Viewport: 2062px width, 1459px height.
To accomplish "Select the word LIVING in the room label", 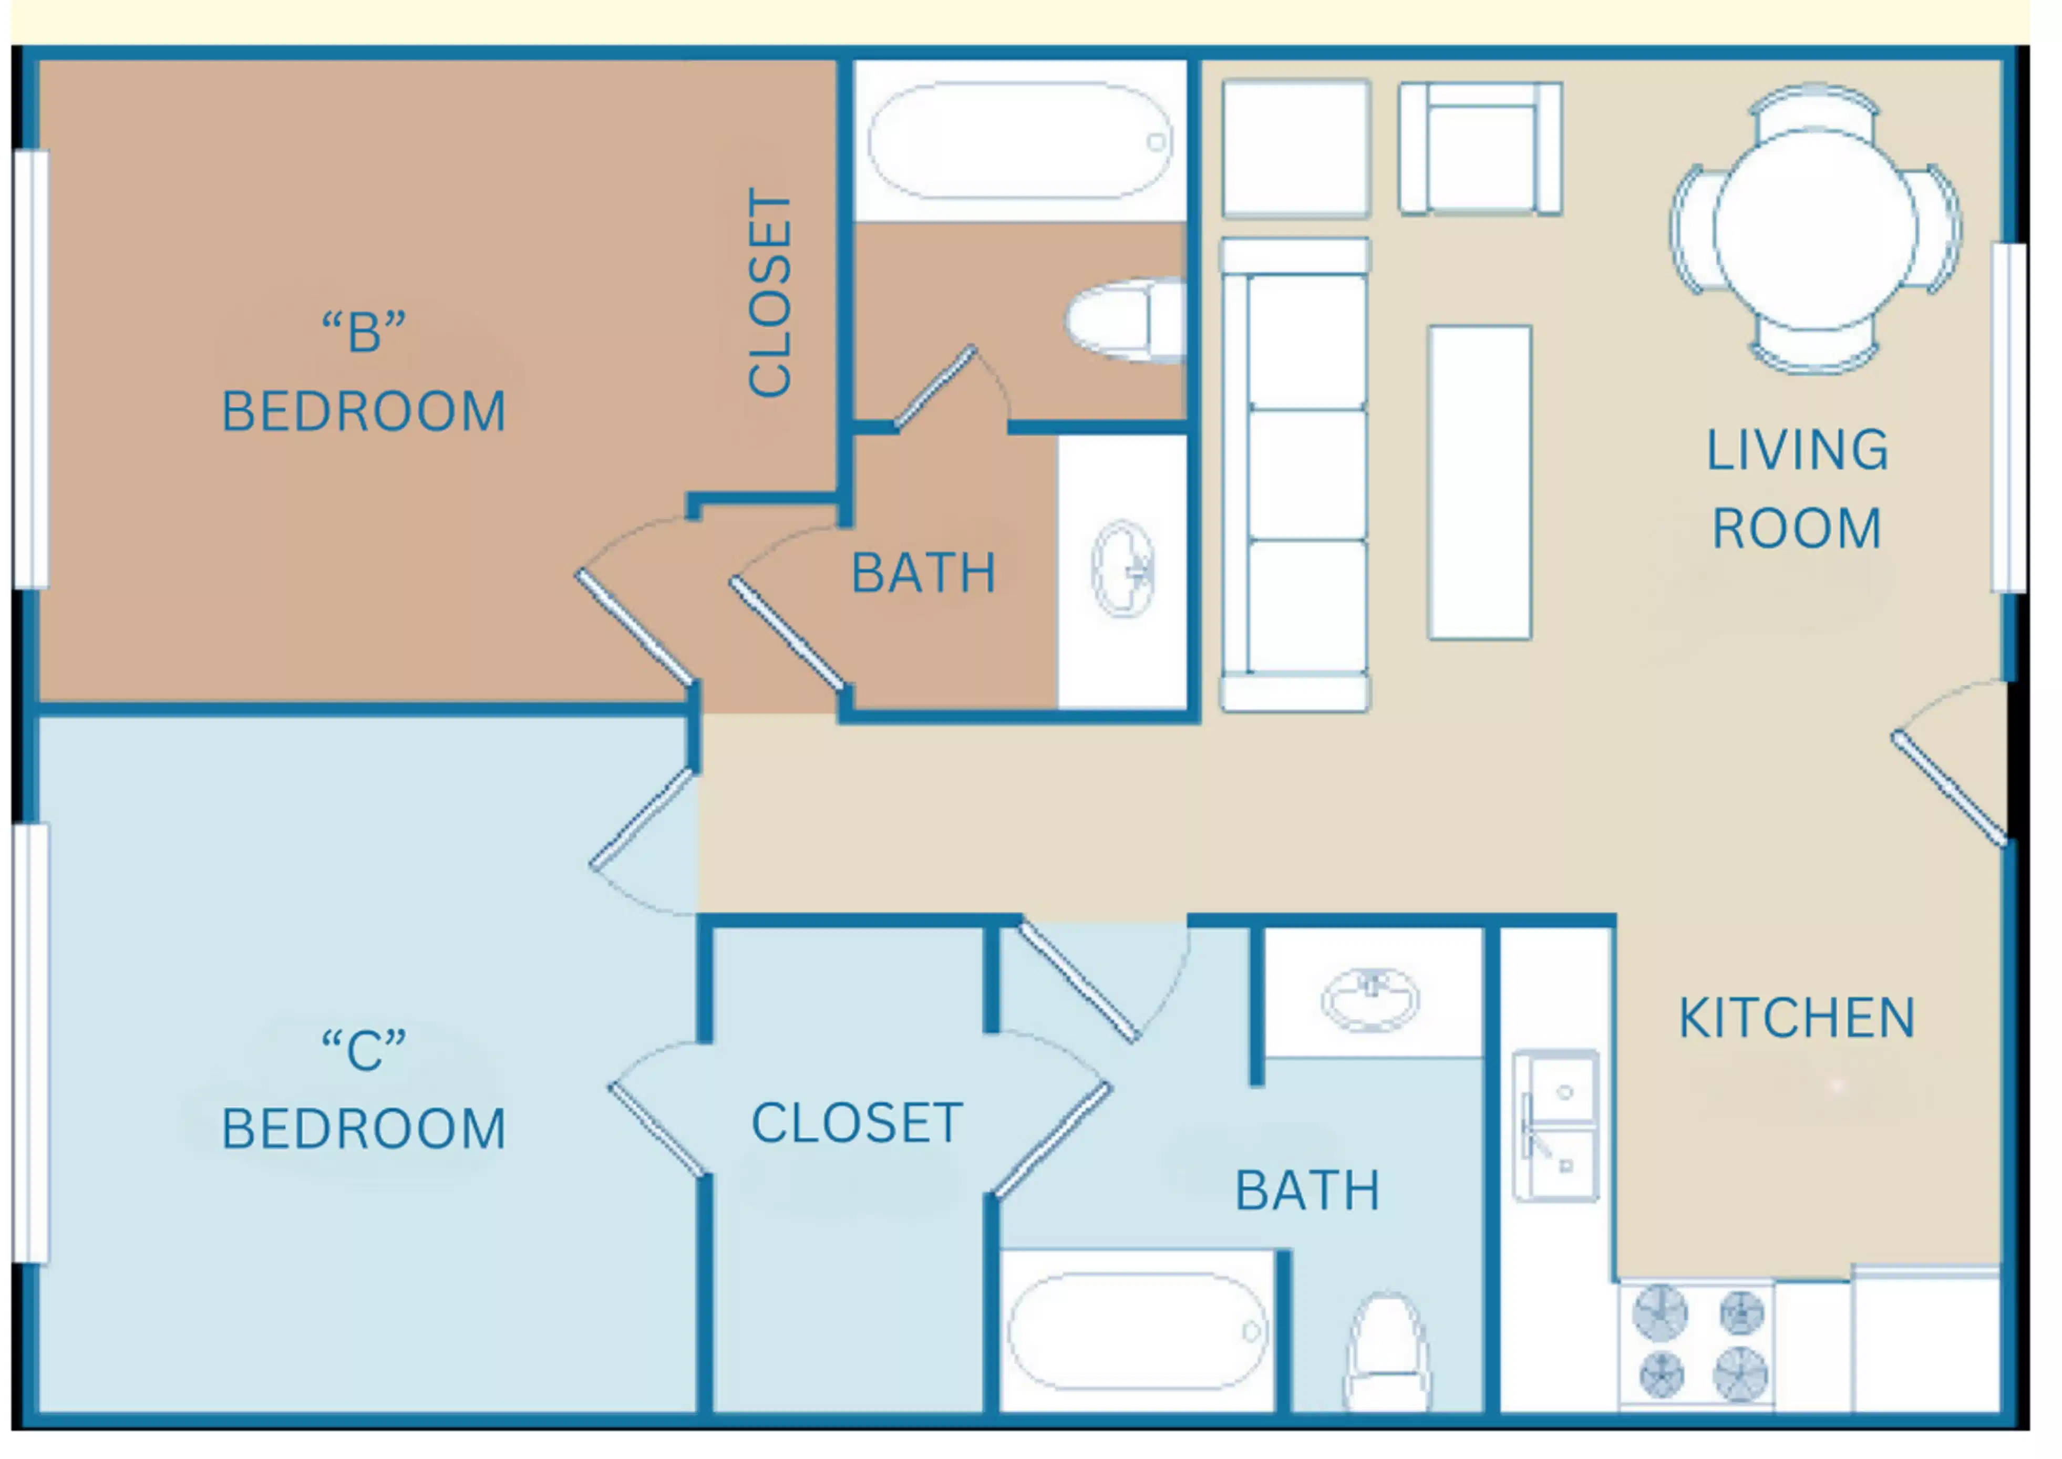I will click(x=1797, y=450).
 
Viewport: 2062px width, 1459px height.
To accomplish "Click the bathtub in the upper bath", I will click(x=1020, y=141).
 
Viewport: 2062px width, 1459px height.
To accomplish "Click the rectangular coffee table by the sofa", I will click(x=1479, y=482).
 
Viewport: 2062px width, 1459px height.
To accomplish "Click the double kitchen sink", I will click(x=1556, y=1126).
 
